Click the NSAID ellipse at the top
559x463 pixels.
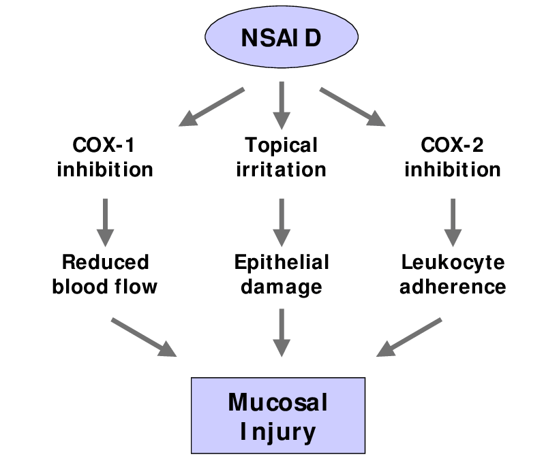click(x=280, y=38)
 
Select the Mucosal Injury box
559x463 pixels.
click(x=278, y=416)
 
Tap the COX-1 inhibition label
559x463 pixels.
click(x=105, y=157)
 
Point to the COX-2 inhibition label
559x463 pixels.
click(x=453, y=157)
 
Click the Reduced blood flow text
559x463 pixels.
click(x=105, y=274)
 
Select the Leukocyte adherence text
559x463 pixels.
click(x=453, y=274)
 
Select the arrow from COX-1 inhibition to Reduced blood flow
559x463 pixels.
click(x=105, y=221)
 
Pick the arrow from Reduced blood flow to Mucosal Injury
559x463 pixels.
click(x=143, y=336)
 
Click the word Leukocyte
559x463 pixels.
click(x=453, y=262)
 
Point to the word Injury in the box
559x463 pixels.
click(x=278, y=431)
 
